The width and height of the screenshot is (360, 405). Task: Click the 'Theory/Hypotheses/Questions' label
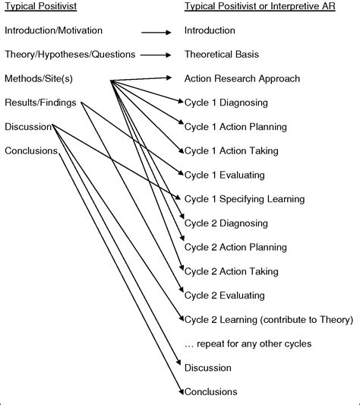point(69,54)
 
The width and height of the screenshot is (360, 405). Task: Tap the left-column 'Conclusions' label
point(31,150)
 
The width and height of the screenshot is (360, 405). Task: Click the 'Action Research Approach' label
point(242,78)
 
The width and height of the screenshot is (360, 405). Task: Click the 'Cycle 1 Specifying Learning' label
point(245,199)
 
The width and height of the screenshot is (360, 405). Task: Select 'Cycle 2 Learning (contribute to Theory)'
point(268,319)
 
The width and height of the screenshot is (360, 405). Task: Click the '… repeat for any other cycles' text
point(248,343)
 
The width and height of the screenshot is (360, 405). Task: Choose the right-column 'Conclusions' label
point(210,392)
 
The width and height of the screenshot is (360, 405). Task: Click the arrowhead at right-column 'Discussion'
point(181,368)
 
